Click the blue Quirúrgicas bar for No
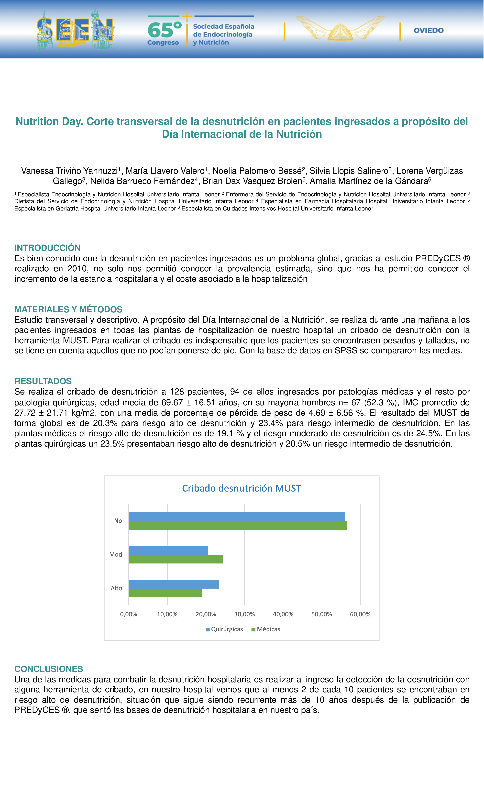tap(237, 516)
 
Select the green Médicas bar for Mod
tap(176, 559)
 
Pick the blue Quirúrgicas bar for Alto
tap(174, 584)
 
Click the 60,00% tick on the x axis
tap(360, 614)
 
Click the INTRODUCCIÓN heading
tap(47, 248)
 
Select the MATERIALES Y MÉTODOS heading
tap(68, 309)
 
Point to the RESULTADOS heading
tap(43, 381)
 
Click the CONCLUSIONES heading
tap(49, 669)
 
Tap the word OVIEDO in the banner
tap(429, 31)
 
